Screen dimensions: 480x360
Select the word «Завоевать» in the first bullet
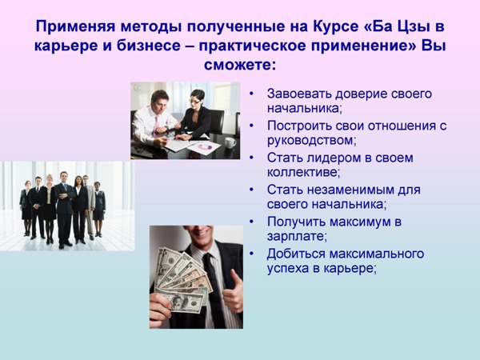point(299,94)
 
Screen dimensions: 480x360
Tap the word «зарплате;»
point(297,237)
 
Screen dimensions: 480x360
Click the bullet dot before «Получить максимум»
point(252,221)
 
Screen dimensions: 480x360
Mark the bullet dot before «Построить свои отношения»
point(252,126)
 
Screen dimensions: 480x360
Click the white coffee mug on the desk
point(230,143)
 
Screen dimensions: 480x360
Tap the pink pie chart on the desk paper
point(205,147)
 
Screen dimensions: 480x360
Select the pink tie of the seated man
point(156,124)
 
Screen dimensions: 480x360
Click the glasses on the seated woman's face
point(194,101)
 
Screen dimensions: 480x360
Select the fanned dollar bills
point(182,280)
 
